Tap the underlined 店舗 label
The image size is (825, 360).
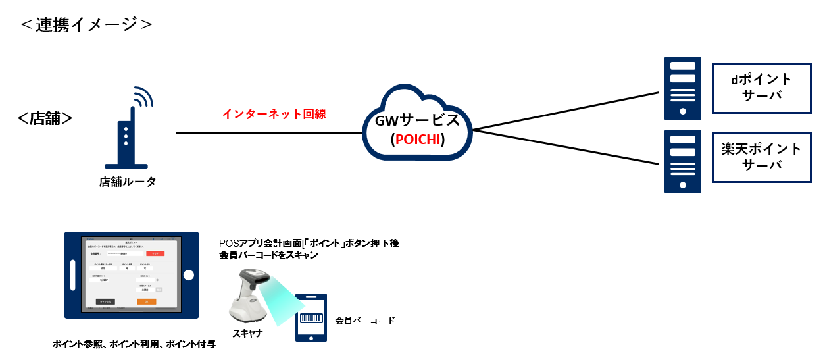[45, 118]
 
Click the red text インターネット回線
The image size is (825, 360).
[274, 114]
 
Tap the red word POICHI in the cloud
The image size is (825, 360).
[417, 140]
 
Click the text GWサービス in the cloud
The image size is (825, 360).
[417, 122]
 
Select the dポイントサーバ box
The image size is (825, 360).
[761, 88]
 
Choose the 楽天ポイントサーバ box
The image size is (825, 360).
[761, 157]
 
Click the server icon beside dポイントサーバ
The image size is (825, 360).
[683, 88]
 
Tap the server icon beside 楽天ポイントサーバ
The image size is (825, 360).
[683, 161]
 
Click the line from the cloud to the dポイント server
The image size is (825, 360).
[566, 111]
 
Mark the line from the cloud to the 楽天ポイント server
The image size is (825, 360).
[566, 147]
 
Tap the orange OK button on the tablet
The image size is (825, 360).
[146, 301]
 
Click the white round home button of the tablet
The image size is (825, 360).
[189, 274]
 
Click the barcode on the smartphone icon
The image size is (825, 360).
[311, 319]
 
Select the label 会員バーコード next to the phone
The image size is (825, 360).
[365, 321]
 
